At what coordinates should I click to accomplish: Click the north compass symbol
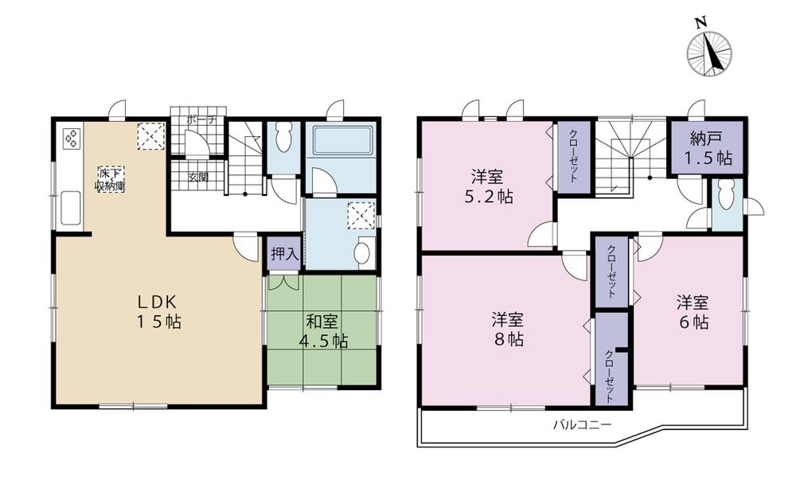click(x=708, y=53)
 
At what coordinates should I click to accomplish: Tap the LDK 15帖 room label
click(x=158, y=312)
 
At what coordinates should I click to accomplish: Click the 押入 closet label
click(x=283, y=255)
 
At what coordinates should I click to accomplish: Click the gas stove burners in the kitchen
click(x=72, y=139)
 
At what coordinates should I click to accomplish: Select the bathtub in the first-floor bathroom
click(x=341, y=142)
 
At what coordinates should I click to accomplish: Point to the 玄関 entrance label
click(x=198, y=177)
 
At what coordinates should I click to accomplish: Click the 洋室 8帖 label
click(x=506, y=329)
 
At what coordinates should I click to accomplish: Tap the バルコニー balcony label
click(x=583, y=424)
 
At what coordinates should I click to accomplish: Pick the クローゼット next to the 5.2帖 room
click(x=573, y=157)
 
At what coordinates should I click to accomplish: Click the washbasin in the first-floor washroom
click(x=362, y=253)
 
